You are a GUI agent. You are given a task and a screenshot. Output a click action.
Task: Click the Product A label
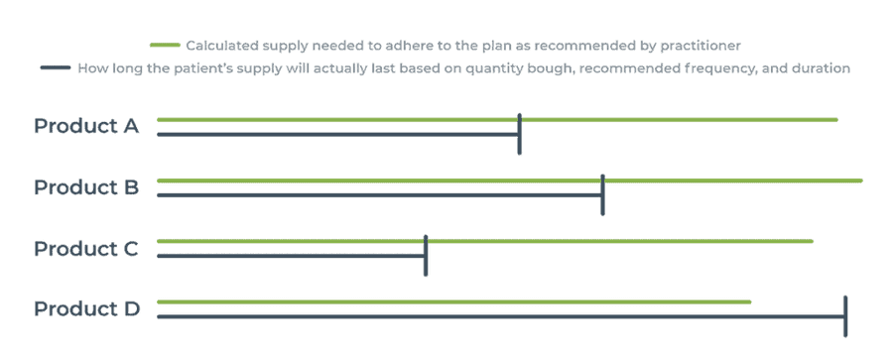click(x=86, y=126)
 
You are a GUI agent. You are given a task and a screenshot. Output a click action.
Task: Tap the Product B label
click(x=86, y=186)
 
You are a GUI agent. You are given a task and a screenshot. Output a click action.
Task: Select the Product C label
click(x=86, y=248)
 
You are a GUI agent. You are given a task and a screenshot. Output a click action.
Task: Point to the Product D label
click(x=86, y=308)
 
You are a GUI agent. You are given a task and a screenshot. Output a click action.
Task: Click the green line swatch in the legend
click(x=164, y=46)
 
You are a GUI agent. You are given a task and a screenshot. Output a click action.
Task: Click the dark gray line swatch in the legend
click(x=56, y=68)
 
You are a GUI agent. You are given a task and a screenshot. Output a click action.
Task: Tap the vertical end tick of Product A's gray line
click(x=520, y=134)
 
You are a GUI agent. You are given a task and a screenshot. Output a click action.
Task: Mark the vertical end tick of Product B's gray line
click(x=603, y=193)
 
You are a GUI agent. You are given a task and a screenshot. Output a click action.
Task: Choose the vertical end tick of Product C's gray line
click(x=426, y=255)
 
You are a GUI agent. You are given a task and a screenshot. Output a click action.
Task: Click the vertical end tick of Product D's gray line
click(x=845, y=315)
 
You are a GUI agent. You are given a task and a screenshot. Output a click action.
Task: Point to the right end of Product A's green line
click(x=835, y=120)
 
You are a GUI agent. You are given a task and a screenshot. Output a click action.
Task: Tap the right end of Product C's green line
click(x=811, y=241)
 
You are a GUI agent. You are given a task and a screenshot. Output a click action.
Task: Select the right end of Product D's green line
click(x=749, y=301)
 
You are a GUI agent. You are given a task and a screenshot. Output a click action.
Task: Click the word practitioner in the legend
click(x=701, y=46)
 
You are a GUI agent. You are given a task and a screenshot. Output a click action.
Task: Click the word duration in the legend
click(x=817, y=68)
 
